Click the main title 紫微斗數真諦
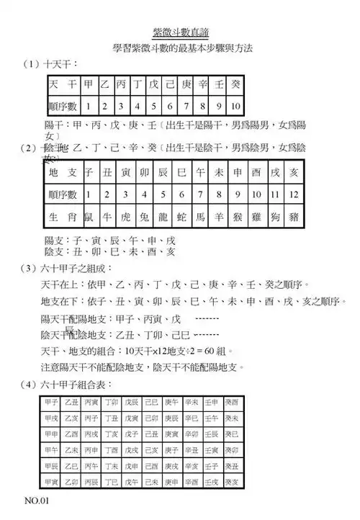pos(179,32)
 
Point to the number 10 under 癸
pos(236,107)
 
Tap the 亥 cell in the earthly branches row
pos(293,173)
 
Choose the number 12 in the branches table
pos(293,194)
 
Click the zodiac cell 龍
pos(163,216)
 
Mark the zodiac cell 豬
pos(293,216)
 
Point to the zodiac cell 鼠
pos(89,216)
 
